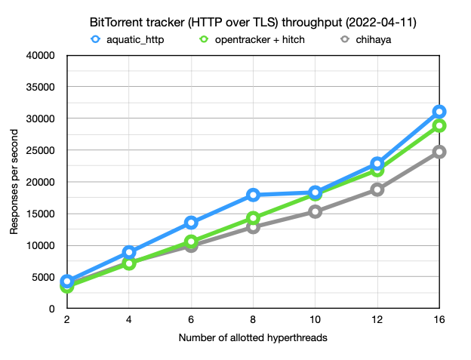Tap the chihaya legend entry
pos(367,39)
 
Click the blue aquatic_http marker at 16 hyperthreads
pos(439,112)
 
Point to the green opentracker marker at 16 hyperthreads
pos(439,125)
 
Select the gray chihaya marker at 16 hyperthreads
pos(439,152)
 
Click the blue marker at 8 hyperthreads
pos(253,195)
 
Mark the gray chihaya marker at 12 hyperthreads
pos(377,189)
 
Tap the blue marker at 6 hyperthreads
pos(191,223)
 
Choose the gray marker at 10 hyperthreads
pos(315,211)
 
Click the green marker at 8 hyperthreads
pos(253,218)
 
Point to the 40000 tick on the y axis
pos(42,55)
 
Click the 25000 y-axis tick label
pos(42,150)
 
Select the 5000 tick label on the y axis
pos(45,277)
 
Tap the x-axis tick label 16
pos(439,320)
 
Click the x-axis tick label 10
pos(315,320)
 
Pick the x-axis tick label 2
pos(67,320)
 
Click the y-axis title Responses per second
pos(14,182)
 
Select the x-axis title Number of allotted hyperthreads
pos(253,338)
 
